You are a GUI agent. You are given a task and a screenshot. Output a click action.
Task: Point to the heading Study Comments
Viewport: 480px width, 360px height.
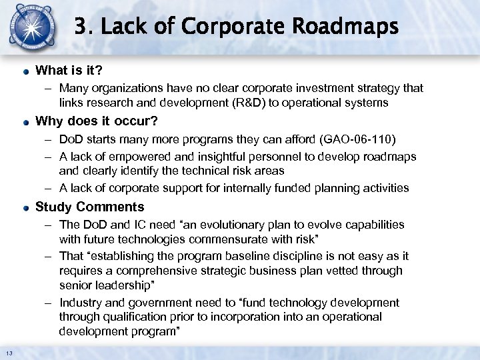[89, 207]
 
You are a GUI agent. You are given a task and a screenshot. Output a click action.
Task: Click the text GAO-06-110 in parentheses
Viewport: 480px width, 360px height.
[358, 141]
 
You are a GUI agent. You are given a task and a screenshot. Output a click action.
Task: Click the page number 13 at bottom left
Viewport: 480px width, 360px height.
[9, 353]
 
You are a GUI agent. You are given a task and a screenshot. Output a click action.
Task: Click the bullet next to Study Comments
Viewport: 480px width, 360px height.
[25, 207]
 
